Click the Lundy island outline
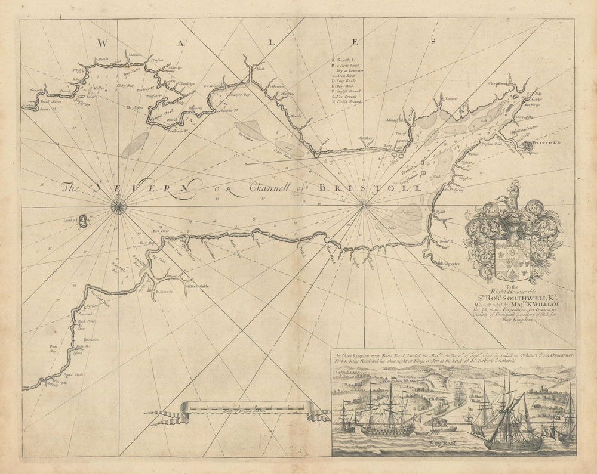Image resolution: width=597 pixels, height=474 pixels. tap(83, 224)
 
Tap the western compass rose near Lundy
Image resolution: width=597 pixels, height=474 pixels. tap(119, 207)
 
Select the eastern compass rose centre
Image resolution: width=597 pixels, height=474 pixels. tap(364, 207)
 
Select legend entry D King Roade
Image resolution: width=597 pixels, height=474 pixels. tap(346, 81)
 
